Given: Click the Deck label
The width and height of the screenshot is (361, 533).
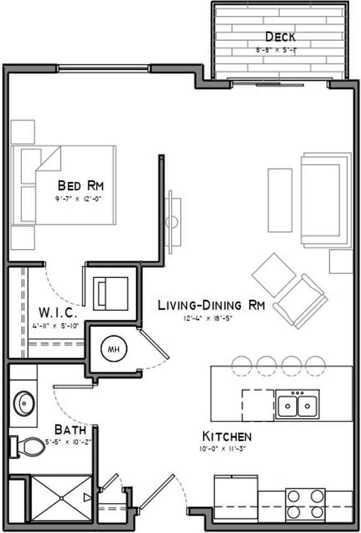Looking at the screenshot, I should [280, 38].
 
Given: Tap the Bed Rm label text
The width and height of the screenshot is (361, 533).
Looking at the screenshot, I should [81, 185].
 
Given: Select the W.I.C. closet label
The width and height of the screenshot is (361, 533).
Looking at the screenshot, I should [53, 310].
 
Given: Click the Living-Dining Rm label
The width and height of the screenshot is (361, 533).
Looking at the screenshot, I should [211, 305].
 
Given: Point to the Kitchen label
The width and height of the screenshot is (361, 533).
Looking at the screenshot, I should [226, 436].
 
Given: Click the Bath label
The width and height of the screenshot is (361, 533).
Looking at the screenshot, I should [70, 430].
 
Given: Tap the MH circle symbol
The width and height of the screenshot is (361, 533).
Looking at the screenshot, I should [114, 349].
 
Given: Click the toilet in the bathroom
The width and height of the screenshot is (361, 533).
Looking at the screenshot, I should [28, 445].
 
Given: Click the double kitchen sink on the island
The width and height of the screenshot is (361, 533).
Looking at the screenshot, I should [298, 404].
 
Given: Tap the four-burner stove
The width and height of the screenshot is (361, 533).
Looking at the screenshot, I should [304, 502].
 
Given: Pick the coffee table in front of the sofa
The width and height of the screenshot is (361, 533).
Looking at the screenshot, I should [279, 200].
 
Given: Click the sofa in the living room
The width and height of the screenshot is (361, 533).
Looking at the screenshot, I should [325, 200].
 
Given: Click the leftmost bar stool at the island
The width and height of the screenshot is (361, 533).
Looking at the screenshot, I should [241, 364].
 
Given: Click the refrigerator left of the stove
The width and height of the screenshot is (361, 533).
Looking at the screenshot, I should [235, 496].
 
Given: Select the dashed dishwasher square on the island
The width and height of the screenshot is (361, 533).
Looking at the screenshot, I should [258, 404].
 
